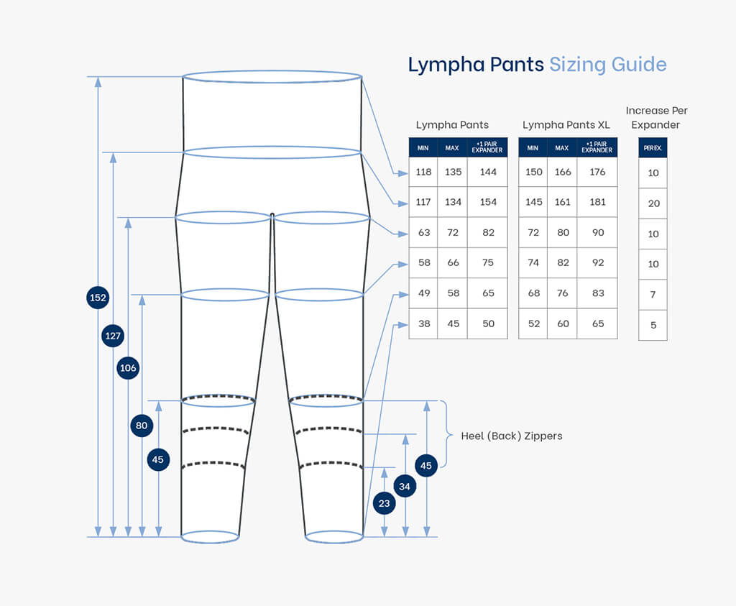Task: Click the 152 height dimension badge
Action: [98, 297]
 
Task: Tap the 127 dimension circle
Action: [113, 336]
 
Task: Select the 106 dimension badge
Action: [128, 368]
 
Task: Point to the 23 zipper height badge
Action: [385, 503]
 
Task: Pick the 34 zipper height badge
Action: [405, 487]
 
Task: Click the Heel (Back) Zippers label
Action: [512, 436]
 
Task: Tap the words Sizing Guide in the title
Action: [608, 65]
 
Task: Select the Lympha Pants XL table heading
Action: [566, 125]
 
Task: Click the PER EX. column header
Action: [653, 148]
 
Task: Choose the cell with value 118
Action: [423, 172]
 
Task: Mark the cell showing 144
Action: [488, 172]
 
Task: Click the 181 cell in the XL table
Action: [597, 202]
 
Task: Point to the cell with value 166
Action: [563, 172]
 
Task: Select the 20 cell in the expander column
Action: [653, 203]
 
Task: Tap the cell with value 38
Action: [424, 323]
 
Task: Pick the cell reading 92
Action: [597, 262]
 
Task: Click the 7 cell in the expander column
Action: [653, 295]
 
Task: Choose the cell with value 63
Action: [424, 232]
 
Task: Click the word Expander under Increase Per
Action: [655, 125]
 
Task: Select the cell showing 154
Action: [488, 202]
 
